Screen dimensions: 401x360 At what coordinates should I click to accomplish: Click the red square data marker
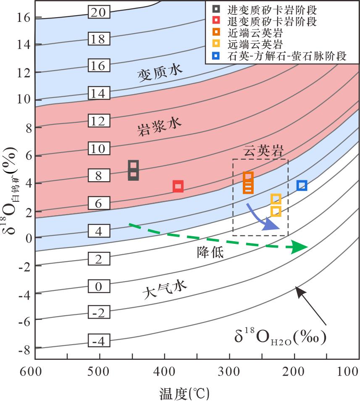pyautogui.click(x=178, y=186)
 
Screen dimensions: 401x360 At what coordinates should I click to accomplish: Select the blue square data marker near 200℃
pyautogui.click(x=302, y=185)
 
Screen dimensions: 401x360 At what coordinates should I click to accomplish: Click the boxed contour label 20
pyautogui.click(x=98, y=13)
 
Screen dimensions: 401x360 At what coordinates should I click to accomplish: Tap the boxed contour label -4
pyautogui.click(x=98, y=341)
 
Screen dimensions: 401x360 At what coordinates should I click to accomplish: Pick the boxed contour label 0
pyautogui.click(x=99, y=287)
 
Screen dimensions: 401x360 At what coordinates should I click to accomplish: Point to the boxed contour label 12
pyautogui.click(x=98, y=121)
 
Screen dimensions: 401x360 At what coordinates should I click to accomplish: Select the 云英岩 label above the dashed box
pyautogui.click(x=264, y=151)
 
